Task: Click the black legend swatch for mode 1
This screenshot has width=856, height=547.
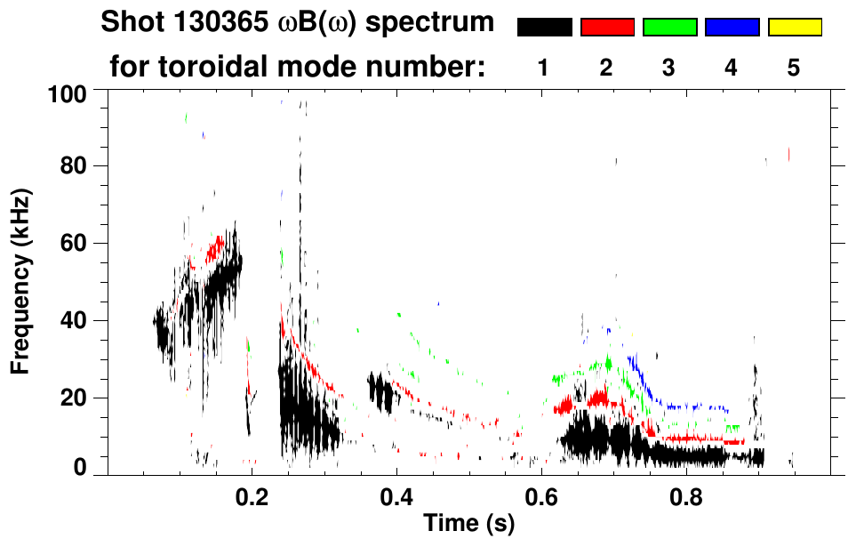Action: coord(544,28)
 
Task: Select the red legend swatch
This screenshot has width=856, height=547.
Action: coord(607,28)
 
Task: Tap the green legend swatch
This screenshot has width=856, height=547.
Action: coord(669,28)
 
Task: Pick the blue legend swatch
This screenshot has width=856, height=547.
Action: coord(732,28)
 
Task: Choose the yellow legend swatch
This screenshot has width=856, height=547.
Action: coord(795,28)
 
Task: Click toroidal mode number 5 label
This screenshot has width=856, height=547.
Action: coord(794,68)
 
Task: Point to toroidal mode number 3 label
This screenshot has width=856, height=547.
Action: coord(668,68)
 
